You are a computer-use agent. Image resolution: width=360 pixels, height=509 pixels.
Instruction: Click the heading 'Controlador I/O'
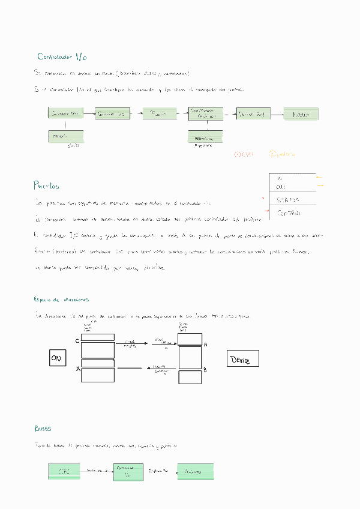pos(62,57)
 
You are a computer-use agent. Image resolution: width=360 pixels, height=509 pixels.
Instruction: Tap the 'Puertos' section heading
pos(47,185)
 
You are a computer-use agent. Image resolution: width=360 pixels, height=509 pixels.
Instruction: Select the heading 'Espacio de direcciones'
pos(62,299)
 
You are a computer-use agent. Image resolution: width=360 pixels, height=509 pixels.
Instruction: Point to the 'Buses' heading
pos(43,429)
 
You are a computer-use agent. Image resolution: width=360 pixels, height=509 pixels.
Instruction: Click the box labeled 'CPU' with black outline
pos(58,358)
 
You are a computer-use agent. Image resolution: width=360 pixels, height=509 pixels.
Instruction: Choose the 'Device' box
pos(242,359)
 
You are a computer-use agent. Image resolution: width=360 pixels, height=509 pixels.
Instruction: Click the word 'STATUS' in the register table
pos(289,200)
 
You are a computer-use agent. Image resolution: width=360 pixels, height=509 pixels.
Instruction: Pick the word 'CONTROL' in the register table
pos(289,212)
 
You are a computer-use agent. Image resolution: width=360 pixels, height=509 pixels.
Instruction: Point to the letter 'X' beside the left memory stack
pos(77,369)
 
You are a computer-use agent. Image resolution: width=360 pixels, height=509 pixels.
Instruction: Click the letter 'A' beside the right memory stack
pos(205,345)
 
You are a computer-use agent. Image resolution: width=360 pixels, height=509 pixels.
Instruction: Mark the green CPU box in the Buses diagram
pos(64,471)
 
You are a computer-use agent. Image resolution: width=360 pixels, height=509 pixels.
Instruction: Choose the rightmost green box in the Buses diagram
pos(196,471)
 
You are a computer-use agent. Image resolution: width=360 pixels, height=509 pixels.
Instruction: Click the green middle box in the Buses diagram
pos(128,471)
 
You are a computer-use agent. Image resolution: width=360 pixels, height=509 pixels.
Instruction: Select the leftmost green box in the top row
pos(65,113)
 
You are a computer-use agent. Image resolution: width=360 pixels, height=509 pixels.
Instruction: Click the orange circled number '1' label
pos(245,154)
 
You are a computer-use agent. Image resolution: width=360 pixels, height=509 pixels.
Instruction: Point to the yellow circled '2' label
pos(281,154)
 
